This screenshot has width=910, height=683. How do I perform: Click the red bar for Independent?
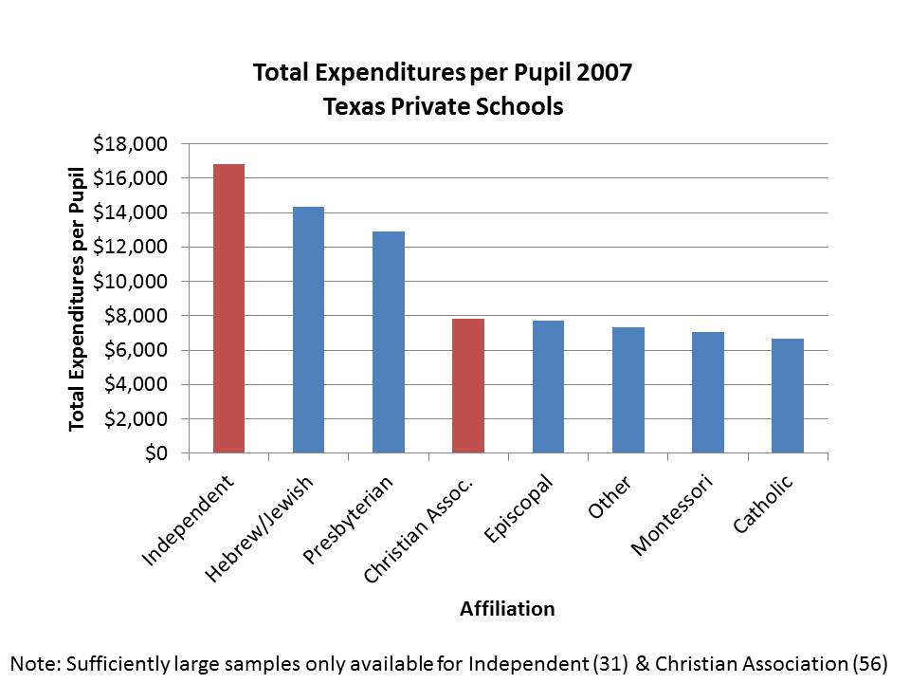228,308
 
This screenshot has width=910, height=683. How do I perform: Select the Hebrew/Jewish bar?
308,330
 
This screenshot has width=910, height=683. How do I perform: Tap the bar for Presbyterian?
388,341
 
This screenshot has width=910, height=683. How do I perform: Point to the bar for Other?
628,390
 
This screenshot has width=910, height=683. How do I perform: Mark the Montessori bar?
707,392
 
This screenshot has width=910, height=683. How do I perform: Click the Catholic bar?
787,396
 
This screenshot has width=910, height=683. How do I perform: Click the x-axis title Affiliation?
507,609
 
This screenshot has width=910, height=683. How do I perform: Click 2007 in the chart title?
599,73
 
